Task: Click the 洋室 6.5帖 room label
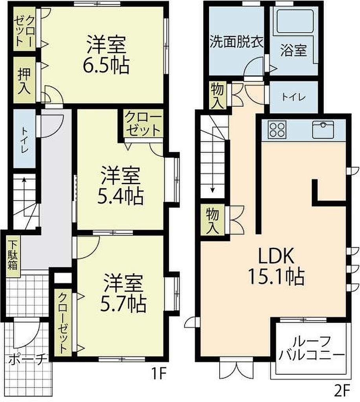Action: (x=106, y=55)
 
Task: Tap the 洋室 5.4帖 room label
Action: (x=121, y=186)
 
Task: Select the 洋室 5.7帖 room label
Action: (x=123, y=293)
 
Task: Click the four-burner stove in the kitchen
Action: (x=277, y=129)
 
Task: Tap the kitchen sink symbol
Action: (x=323, y=129)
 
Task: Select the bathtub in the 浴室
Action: (x=295, y=21)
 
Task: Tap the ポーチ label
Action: (x=28, y=360)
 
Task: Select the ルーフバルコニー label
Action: (x=312, y=349)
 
